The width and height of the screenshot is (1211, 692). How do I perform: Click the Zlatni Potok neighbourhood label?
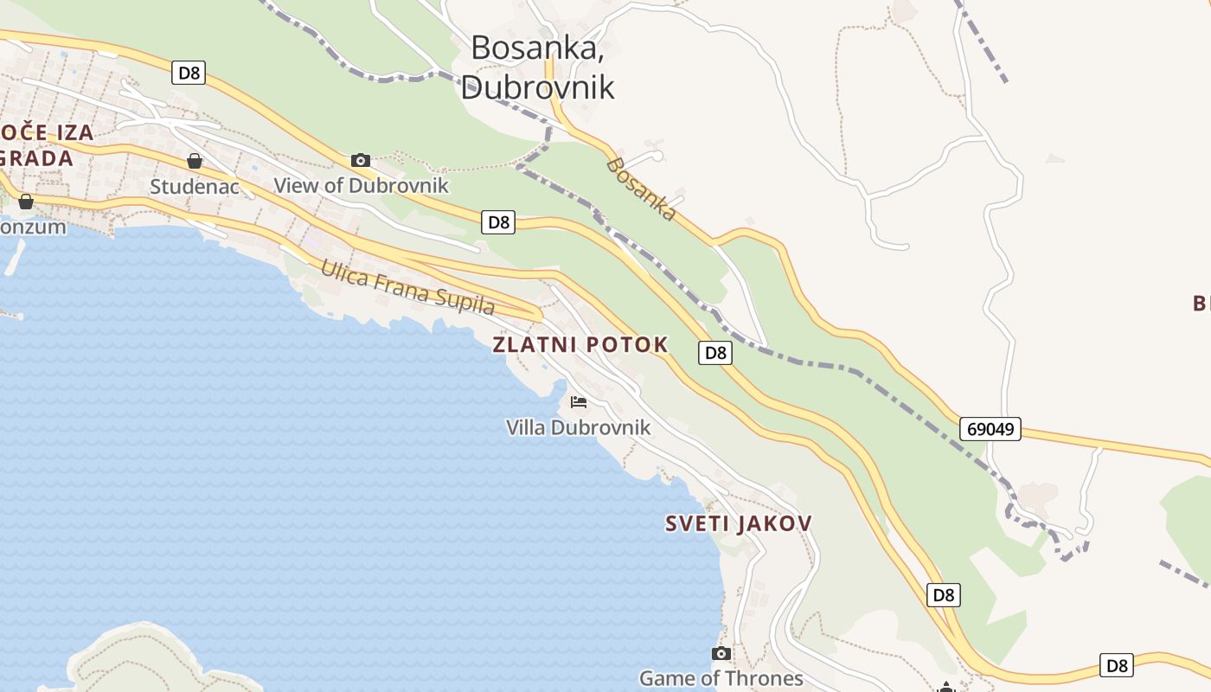click(x=580, y=344)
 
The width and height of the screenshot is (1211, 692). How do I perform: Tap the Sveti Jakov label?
click(x=738, y=523)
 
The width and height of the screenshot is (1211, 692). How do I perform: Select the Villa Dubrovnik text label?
click(x=578, y=427)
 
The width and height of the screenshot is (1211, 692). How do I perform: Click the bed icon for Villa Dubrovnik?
click(x=579, y=401)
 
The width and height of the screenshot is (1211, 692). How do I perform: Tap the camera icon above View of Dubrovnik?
click(x=361, y=160)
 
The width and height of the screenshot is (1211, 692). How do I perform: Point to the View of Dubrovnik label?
click(x=361, y=185)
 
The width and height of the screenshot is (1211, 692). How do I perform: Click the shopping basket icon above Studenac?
click(x=195, y=161)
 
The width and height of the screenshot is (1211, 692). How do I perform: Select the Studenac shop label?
click(x=195, y=186)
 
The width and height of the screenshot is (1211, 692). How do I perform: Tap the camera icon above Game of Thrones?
click(x=721, y=653)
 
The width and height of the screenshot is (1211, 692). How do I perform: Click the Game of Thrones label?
click(x=721, y=678)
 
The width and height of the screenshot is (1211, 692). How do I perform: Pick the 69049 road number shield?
click(x=990, y=429)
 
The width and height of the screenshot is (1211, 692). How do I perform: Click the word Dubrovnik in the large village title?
click(x=537, y=86)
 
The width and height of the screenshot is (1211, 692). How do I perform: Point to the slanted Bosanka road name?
click(x=641, y=189)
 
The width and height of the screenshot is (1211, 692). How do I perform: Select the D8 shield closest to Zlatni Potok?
click(x=715, y=352)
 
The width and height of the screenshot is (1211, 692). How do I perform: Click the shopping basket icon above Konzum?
click(x=26, y=202)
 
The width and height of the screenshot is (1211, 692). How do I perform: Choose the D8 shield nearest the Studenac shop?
click(x=189, y=73)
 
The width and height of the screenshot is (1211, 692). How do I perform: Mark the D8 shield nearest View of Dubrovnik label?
click(x=498, y=222)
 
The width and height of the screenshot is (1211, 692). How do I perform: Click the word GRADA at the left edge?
click(x=36, y=158)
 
